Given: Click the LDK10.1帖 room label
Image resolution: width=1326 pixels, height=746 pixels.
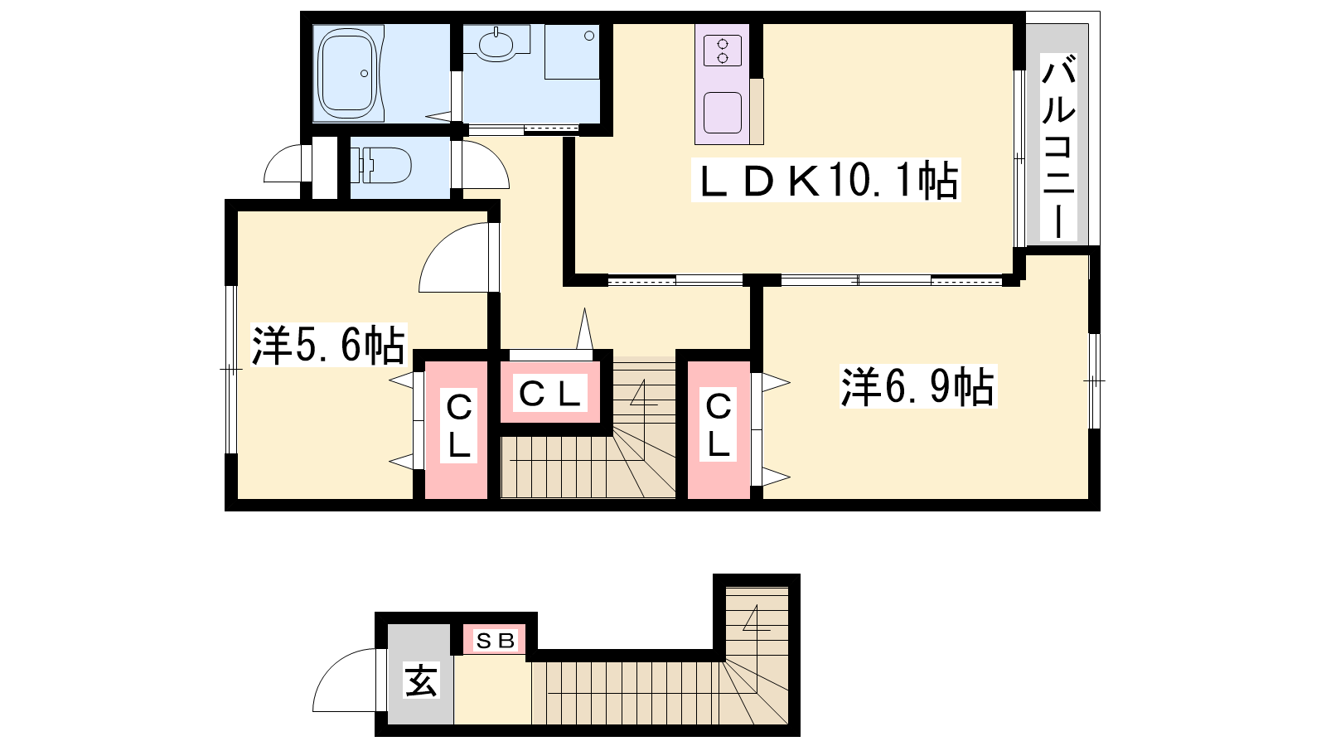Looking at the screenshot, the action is point(825,181).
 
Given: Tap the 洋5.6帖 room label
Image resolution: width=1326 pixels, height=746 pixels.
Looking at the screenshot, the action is point(328,345).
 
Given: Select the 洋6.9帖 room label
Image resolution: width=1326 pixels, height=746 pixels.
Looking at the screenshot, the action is point(917,386).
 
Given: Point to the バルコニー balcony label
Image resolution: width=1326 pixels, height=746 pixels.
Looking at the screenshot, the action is point(1058,147).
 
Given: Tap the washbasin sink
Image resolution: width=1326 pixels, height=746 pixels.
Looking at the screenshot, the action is point(496,44).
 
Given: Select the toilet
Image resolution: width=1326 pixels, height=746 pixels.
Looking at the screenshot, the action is point(382,165).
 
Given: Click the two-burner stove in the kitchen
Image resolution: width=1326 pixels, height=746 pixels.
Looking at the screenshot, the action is point(723,51).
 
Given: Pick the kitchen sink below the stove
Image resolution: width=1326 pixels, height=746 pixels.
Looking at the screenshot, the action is point(723,113).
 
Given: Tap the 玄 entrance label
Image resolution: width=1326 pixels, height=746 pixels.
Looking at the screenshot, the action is point(421,681).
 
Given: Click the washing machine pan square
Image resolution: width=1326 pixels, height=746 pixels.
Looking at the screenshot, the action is point(572,51).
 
